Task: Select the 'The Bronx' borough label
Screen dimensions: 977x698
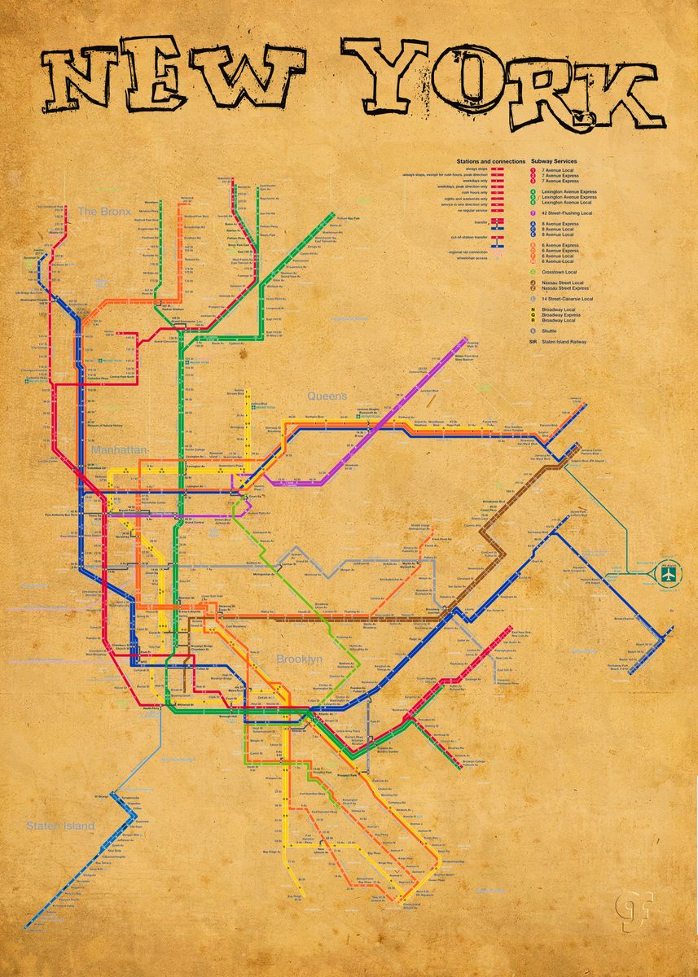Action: tap(103, 212)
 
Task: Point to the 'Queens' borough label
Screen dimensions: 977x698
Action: tap(327, 396)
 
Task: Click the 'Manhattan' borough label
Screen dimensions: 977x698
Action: tap(119, 449)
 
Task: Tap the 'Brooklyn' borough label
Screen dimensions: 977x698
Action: tap(299, 659)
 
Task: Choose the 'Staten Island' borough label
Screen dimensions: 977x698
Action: tap(60, 826)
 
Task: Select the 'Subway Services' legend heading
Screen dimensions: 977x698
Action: tap(555, 161)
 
